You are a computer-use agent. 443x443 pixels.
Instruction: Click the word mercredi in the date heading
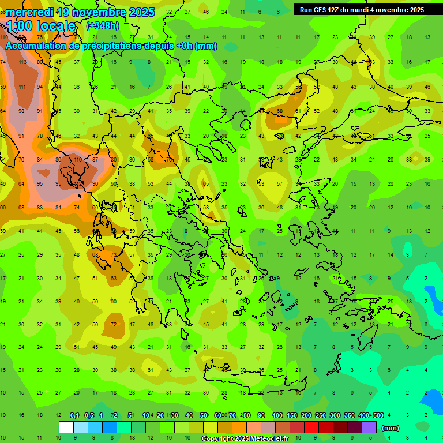click(x=30, y=12)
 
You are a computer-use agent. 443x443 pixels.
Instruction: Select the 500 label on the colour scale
click(x=378, y=416)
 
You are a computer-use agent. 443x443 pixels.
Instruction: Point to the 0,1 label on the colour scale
click(x=74, y=416)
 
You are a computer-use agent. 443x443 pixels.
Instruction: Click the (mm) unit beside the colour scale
click(x=391, y=428)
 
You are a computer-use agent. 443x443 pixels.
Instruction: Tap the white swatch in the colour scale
click(x=66, y=427)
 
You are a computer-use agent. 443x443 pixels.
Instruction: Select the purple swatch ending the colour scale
click(x=369, y=427)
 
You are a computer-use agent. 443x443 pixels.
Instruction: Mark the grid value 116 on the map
click(x=77, y=160)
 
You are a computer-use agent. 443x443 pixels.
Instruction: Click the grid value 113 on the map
click(x=22, y=62)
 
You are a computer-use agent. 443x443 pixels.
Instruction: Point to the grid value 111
click(x=22, y=87)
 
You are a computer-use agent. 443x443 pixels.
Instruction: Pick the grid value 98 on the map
click(x=22, y=111)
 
